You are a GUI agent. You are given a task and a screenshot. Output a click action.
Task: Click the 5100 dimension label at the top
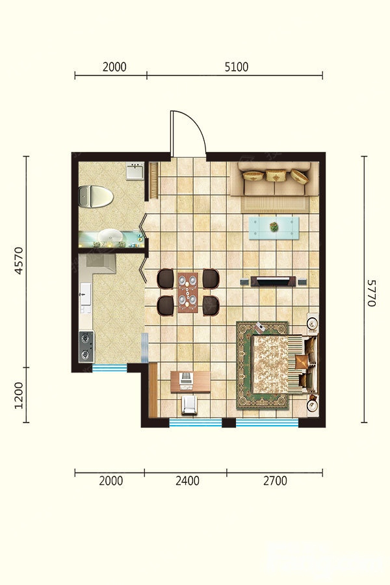(236, 67)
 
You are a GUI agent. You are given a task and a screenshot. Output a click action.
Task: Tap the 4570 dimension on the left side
(18, 261)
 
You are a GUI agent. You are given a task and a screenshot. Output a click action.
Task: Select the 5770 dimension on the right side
(371, 293)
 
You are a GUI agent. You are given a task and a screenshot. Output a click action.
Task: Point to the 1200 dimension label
(18, 395)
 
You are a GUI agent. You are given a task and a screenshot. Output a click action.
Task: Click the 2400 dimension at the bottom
(187, 480)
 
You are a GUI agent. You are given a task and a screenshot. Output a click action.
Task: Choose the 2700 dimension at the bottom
(275, 480)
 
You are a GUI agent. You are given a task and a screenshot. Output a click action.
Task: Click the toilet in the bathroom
(96, 196)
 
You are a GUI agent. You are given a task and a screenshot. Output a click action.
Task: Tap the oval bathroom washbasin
(110, 235)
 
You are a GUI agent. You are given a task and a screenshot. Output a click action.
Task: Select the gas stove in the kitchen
(86, 346)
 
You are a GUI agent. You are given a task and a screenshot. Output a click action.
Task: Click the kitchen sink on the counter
(85, 294)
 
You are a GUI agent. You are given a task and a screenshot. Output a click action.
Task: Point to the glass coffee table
(274, 227)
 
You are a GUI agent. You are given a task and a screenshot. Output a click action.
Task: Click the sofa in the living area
(275, 179)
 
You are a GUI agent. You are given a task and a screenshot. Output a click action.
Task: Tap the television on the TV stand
(274, 281)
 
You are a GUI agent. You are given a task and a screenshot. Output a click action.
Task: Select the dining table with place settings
(188, 292)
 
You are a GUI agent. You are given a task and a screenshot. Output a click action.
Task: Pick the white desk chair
(190, 405)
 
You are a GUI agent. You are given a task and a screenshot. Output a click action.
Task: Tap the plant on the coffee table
(274, 226)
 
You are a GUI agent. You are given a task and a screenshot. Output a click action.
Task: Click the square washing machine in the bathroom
(135, 171)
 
